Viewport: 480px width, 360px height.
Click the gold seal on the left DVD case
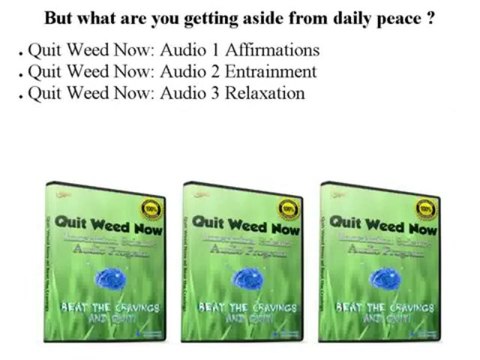(150, 209)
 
